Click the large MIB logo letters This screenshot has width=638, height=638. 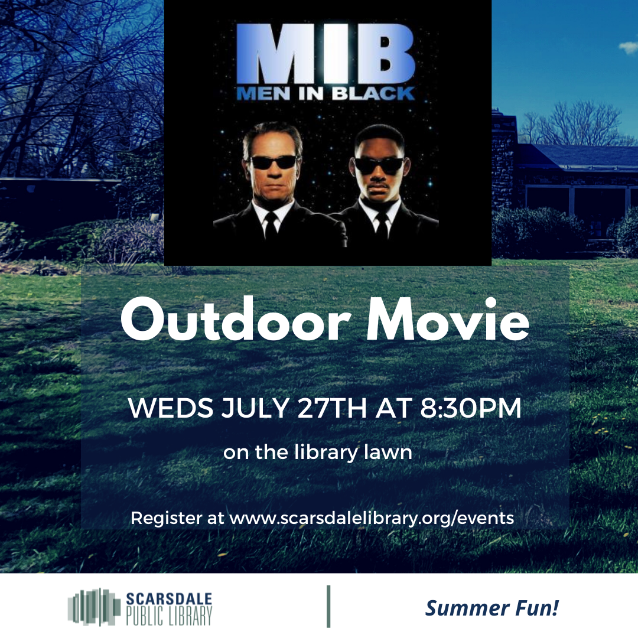coord(325,53)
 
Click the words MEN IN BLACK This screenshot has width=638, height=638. coord(325,93)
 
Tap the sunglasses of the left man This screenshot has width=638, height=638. coord(273,162)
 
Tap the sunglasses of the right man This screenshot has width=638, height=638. coord(379,165)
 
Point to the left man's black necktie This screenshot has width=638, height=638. coord(271,228)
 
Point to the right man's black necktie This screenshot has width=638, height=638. coord(382,229)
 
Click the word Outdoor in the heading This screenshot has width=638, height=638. coord(236,320)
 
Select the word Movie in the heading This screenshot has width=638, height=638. coord(448,320)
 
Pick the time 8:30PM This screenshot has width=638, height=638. coord(471,408)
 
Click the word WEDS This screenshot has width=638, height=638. coord(171,408)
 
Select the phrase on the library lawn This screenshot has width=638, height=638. coord(318,453)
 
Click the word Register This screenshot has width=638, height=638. coord(167,519)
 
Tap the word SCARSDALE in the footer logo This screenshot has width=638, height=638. coord(169,598)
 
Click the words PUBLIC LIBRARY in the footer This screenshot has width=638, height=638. coord(169,616)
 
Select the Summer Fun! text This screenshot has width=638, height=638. coord(492,608)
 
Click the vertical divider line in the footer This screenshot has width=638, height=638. coord(328,606)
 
